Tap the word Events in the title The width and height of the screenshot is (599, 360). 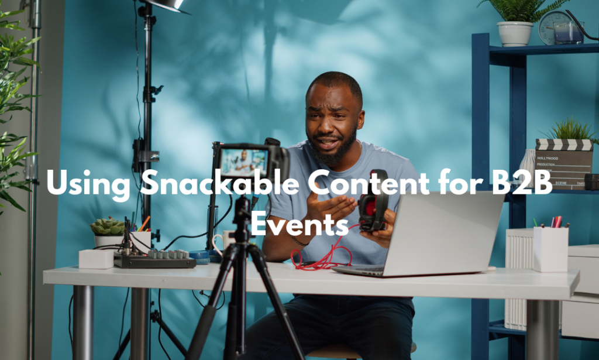(x=300, y=223)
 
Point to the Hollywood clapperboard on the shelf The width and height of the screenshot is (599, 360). (x=564, y=163)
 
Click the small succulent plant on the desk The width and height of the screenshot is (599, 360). (x=107, y=226)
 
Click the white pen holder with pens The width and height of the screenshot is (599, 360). (x=550, y=248)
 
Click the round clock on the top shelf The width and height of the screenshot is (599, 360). (x=552, y=26)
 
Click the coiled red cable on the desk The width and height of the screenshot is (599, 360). (x=319, y=258)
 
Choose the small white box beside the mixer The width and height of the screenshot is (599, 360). (x=95, y=258)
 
